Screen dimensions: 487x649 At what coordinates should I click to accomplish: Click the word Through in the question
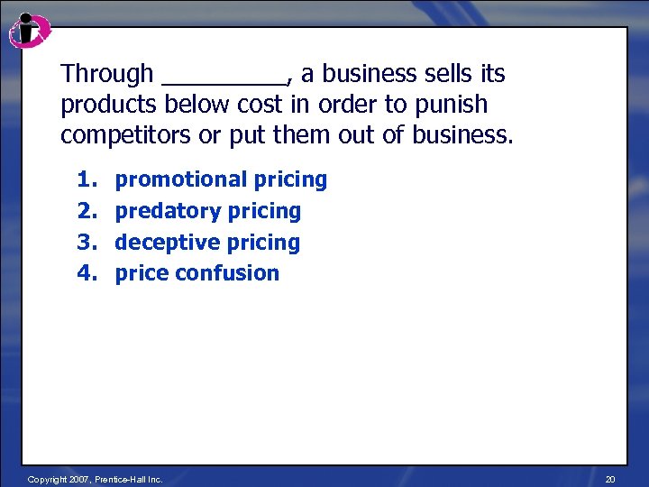pos(107,74)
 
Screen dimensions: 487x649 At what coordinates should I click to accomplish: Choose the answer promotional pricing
pos(221,179)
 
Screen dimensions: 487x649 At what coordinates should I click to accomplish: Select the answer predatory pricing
pos(207,211)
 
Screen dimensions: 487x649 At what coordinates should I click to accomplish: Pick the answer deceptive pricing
pos(207,243)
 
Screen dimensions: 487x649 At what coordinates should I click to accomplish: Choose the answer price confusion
pos(197,273)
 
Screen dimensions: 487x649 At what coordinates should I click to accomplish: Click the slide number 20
pos(610,479)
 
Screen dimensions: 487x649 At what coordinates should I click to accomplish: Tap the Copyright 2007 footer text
pos(95,479)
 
